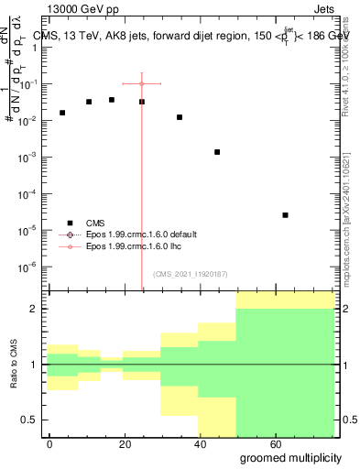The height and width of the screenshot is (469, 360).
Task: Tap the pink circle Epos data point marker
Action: coord(141,83)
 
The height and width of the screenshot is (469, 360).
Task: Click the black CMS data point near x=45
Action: coord(217,152)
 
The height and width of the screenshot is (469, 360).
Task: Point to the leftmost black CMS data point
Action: coord(62,113)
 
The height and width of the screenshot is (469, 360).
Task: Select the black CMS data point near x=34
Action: coord(180,117)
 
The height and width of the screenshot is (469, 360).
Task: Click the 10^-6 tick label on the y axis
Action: coord(27,267)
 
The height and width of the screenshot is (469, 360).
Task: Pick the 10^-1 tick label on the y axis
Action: coord(27,84)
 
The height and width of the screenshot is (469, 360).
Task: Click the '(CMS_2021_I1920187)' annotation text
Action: coord(189,274)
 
